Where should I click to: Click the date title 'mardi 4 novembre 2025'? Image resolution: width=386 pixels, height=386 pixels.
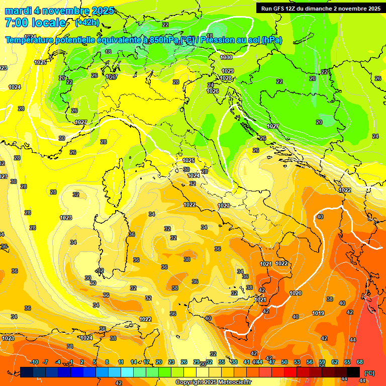point(59,11)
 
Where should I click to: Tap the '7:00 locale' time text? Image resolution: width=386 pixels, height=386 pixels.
point(35,23)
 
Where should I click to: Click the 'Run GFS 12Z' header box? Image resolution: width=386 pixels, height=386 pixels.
point(321,8)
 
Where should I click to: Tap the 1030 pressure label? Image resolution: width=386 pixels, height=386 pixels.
point(226,58)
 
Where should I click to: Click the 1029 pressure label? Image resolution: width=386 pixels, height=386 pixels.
point(228,71)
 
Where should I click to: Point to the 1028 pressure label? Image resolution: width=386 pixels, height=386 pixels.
point(226,78)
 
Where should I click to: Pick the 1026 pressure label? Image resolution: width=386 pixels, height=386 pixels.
point(213,91)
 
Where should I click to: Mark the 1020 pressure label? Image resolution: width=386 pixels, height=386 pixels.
point(296,293)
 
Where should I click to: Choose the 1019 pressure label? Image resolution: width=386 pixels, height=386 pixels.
point(318,313)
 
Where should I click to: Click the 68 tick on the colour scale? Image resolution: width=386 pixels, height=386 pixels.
point(360,362)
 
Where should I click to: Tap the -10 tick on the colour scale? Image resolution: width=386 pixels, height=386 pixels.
point(34,362)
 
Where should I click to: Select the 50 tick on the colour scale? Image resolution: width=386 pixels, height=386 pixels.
point(284,362)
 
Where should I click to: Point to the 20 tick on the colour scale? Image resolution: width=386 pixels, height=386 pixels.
point(159,362)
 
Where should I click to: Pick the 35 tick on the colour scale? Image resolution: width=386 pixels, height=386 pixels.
point(222,362)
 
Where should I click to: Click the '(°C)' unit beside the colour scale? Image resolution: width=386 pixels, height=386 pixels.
point(369,373)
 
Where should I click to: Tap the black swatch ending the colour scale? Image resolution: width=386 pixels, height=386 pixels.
point(353,372)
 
